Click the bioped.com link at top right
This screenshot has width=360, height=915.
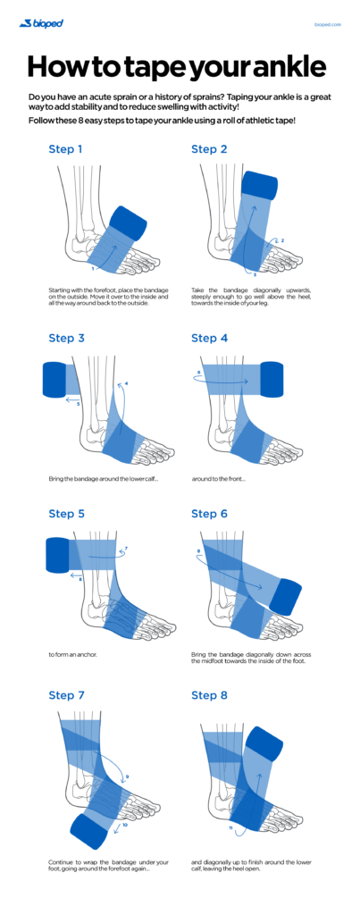(x=328, y=24)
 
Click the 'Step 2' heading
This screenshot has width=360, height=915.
(x=210, y=149)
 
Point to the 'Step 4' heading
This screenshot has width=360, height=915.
(x=210, y=338)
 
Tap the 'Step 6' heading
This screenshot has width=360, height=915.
(x=210, y=514)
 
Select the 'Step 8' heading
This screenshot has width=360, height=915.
(x=210, y=694)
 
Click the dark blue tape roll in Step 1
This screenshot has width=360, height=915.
(x=134, y=222)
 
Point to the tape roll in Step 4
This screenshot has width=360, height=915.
(x=272, y=380)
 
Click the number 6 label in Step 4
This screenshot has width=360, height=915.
(x=198, y=372)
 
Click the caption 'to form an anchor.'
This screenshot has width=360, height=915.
(x=72, y=653)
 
